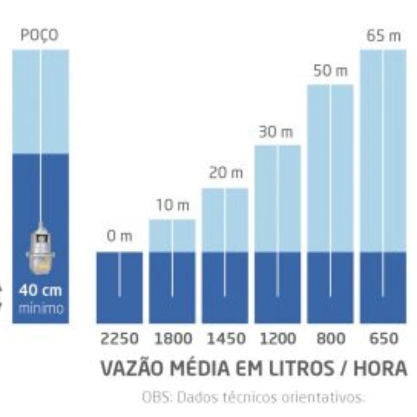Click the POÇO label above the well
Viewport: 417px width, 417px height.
point(40,35)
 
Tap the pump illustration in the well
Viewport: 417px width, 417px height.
point(40,248)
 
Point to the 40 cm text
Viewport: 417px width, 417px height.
point(40,291)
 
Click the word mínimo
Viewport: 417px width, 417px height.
point(41,309)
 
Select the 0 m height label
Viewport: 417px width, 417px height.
point(119,237)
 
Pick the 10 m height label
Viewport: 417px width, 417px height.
point(173,206)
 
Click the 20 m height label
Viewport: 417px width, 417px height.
point(226,173)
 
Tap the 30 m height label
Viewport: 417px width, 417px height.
point(276,132)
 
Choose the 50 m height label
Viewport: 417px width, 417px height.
point(330,71)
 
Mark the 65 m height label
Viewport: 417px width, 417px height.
point(383,36)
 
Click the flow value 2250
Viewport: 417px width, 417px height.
point(119,339)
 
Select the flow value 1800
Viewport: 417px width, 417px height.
point(173,339)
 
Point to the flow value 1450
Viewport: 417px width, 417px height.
point(226,339)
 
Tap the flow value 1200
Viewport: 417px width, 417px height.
point(278,339)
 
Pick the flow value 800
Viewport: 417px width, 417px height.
point(330,339)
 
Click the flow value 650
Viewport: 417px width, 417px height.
point(383,339)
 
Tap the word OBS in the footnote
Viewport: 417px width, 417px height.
point(151,397)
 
